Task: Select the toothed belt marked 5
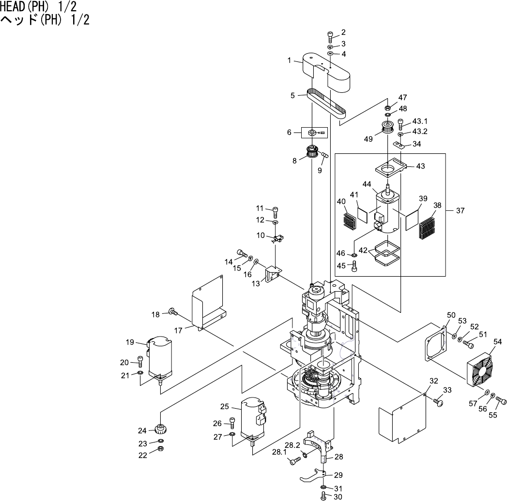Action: point(327,103)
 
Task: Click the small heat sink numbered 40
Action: point(349,220)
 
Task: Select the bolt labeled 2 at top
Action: point(330,35)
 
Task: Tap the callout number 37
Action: point(460,210)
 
